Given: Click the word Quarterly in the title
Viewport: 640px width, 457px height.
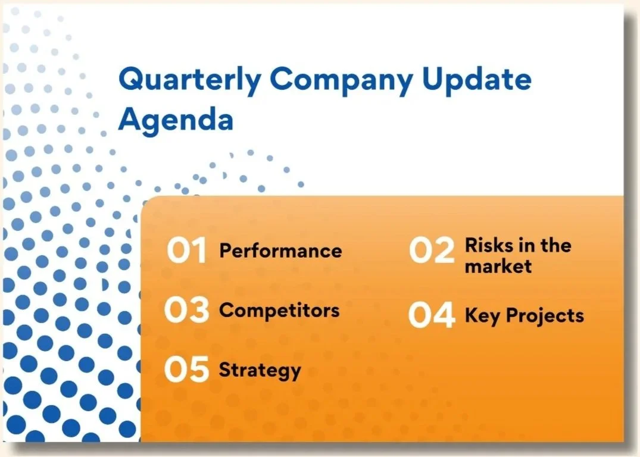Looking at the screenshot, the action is (190, 80).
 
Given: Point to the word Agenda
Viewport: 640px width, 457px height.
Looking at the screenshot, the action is (176, 120).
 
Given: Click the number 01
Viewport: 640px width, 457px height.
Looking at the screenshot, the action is (186, 250).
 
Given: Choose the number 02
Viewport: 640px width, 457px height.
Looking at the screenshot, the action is (432, 250).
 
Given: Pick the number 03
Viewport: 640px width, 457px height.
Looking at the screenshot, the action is (186, 309).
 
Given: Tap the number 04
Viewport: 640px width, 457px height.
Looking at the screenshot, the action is (432, 315).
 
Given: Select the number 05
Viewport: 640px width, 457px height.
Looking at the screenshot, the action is (186, 370).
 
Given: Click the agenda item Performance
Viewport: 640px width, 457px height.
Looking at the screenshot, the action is (280, 251).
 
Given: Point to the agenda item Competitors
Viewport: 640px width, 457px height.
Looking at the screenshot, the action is (279, 311).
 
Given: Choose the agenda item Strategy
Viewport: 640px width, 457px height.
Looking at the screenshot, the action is (260, 371).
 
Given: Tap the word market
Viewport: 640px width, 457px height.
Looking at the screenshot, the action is (498, 267).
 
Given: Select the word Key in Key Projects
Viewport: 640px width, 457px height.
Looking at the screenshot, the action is (482, 316).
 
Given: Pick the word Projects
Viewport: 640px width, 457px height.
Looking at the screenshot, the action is (545, 316).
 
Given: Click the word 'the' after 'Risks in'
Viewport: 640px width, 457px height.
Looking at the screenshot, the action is (555, 245).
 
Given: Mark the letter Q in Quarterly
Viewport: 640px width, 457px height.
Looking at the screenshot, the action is (130, 79).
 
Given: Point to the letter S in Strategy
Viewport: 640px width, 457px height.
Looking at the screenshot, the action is (226, 370).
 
